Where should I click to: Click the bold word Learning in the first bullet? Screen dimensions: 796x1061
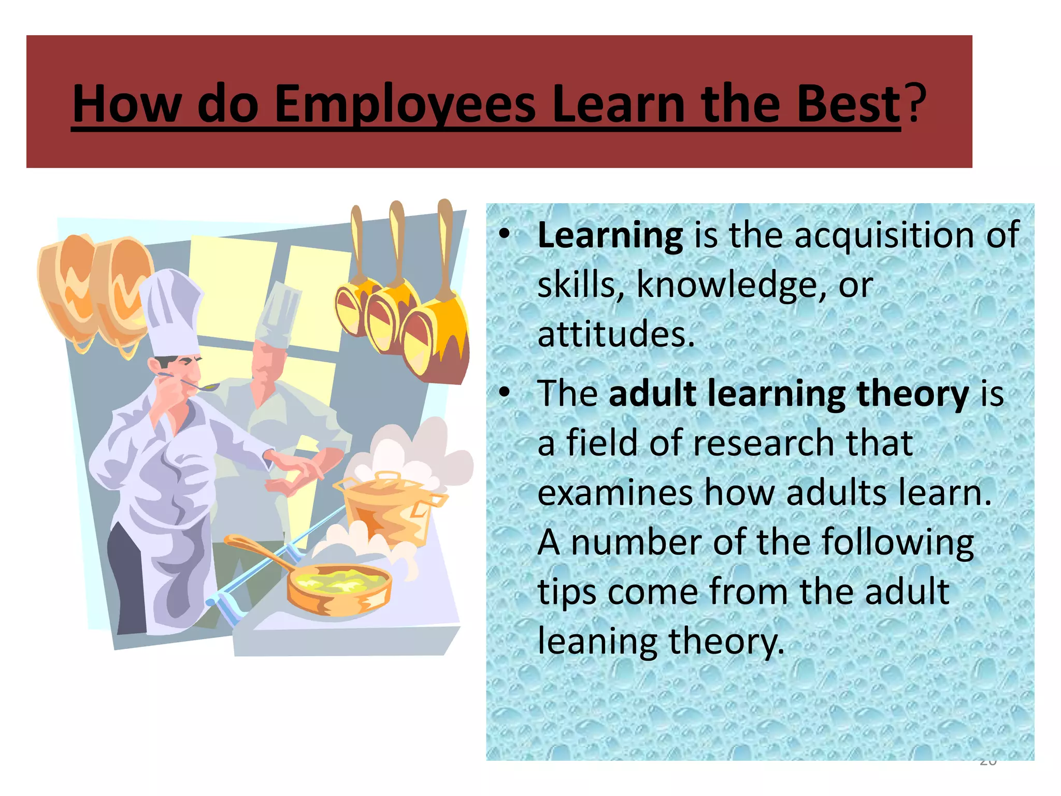tap(610, 236)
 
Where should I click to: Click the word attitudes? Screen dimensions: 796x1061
tap(615, 334)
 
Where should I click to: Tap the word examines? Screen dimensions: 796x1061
tap(615, 493)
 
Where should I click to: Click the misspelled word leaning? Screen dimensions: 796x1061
tap(597, 642)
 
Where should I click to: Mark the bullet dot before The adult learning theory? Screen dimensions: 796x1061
tap(504, 393)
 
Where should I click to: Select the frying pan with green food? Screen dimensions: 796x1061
tap(337, 586)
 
